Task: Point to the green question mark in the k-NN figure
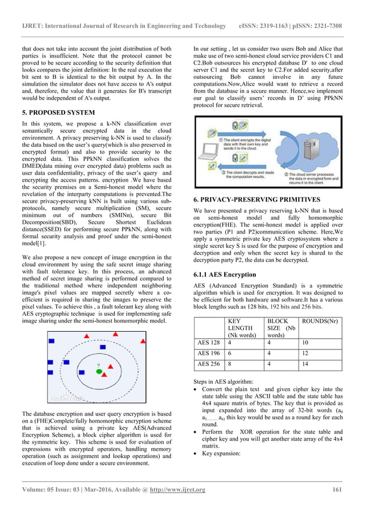click(98, 365)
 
